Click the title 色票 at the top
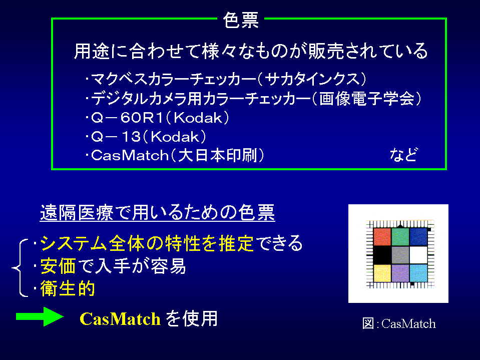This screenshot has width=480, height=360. pyautogui.click(x=241, y=20)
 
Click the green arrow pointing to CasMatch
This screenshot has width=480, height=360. pyautogui.click(x=40, y=316)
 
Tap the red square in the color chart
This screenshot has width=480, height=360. pyautogui.click(x=382, y=237)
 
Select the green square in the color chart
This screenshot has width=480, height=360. pyautogui.click(x=400, y=237)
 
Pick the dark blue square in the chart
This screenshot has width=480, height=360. pyautogui.click(x=418, y=237)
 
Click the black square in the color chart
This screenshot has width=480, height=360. pyautogui.click(x=382, y=255)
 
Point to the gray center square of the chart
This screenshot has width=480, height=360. pyautogui.click(x=400, y=255)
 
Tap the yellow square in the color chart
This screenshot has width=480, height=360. pyautogui.click(x=382, y=273)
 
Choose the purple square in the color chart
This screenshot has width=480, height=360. pyautogui.click(x=400, y=273)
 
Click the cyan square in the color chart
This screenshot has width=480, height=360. pyautogui.click(x=418, y=273)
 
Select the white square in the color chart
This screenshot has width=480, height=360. pyautogui.click(x=418, y=255)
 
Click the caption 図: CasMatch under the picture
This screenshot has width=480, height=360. pyautogui.click(x=399, y=323)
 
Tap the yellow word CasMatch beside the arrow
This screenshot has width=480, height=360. pyautogui.click(x=120, y=319)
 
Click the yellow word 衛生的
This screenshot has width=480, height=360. pyautogui.click(x=68, y=288)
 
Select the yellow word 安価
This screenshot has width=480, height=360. pyautogui.click(x=58, y=266)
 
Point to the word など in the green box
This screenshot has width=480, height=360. pyautogui.click(x=403, y=155)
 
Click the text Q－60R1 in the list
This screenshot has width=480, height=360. pyautogui.click(x=127, y=118)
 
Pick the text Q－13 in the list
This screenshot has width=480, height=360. pyautogui.click(x=116, y=137)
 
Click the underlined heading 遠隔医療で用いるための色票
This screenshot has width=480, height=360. pyautogui.click(x=157, y=212)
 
